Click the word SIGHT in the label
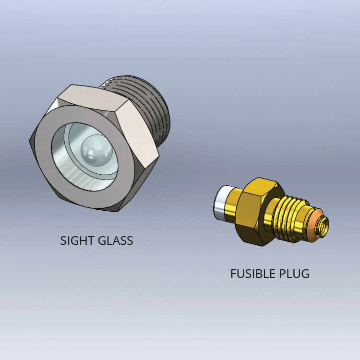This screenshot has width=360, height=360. click(x=77, y=240)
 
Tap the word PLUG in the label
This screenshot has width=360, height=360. click(x=294, y=274)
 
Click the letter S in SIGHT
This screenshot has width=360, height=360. click(x=63, y=240)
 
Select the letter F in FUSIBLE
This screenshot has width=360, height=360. click(x=233, y=274)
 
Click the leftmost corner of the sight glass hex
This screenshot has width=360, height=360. click(x=29, y=139)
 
